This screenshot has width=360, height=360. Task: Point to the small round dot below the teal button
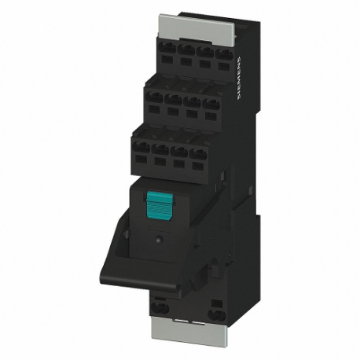(159, 236)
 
